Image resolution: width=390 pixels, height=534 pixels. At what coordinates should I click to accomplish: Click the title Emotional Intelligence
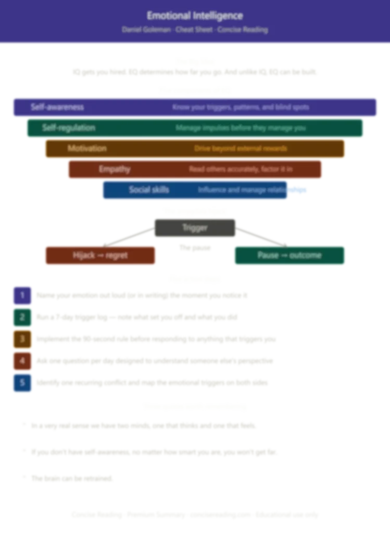[195, 16]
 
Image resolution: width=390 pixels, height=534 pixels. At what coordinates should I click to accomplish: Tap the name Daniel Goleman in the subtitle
[146, 30]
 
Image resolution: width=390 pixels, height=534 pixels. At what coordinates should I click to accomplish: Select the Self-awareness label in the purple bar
[57, 107]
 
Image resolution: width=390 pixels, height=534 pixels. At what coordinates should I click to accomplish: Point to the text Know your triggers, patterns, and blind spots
[241, 107]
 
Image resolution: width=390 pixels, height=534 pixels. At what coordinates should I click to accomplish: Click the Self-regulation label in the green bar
[69, 128]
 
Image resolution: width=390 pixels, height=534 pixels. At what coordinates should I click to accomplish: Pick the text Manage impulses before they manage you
[241, 128]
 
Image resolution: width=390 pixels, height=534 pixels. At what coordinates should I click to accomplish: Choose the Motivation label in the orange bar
[87, 149]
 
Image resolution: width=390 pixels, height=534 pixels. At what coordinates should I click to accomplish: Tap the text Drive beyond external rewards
[241, 149]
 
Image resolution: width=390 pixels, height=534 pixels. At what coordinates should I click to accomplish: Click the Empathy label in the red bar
[115, 169]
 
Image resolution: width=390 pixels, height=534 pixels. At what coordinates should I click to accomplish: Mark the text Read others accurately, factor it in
[241, 169]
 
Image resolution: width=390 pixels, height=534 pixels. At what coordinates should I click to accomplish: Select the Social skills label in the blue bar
[149, 190]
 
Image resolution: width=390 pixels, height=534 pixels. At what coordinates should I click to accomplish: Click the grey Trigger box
[195, 227]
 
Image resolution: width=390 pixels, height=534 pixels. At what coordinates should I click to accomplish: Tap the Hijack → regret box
[100, 256]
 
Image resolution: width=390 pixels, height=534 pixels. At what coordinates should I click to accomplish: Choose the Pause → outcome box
[289, 256]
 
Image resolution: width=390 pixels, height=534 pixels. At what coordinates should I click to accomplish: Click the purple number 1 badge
[22, 296]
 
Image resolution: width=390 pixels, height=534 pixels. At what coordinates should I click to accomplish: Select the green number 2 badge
[22, 317]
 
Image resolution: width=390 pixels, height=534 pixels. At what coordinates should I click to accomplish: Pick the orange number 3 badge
[22, 339]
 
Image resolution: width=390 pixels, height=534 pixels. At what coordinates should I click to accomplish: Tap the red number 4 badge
[22, 360]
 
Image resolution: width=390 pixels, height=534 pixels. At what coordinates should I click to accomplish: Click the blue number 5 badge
[22, 382]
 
